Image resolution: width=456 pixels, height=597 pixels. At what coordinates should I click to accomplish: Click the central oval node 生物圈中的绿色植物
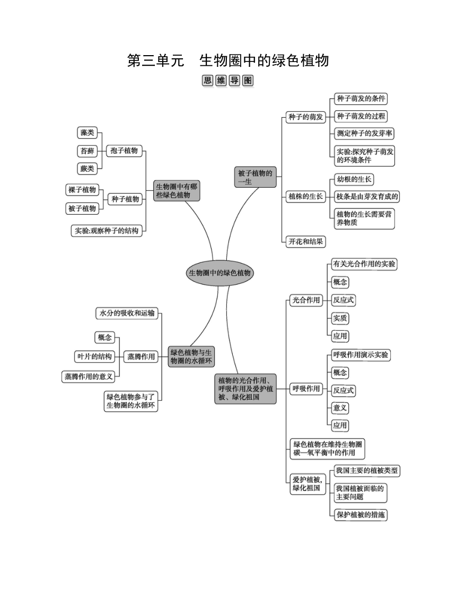(x=220, y=273)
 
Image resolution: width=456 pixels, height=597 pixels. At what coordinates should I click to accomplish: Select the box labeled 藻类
(x=87, y=133)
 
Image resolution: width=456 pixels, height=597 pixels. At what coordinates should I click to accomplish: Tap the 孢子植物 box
(x=124, y=151)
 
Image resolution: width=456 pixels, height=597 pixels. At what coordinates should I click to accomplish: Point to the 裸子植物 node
(x=82, y=190)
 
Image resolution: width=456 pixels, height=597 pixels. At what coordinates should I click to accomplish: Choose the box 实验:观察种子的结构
(x=107, y=231)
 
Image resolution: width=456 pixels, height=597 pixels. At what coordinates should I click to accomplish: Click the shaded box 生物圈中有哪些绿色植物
(x=176, y=191)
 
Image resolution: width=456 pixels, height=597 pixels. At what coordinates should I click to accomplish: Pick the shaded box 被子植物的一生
(x=255, y=178)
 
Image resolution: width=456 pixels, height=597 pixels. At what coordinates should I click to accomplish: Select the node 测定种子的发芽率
(x=364, y=134)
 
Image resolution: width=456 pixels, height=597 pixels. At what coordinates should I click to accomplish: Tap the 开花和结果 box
(x=305, y=241)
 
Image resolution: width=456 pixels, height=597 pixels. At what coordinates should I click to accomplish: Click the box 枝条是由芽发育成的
(x=367, y=197)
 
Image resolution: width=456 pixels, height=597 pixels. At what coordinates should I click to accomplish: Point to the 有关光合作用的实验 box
(x=364, y=264)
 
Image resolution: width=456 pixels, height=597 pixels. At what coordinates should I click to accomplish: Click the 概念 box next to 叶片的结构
(x=104, y=337)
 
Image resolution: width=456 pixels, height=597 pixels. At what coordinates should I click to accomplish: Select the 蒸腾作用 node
(x=141, y=357)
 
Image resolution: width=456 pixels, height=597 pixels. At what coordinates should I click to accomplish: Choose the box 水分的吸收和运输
(x=127, y=313)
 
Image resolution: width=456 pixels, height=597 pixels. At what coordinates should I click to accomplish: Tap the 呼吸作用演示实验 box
(x=361, y=355)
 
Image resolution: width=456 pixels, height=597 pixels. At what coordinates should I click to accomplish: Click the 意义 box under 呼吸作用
(x=340, y=408)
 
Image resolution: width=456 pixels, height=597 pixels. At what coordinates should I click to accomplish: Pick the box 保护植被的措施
(x=361, y=515)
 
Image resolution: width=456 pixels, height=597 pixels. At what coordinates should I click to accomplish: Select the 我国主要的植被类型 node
(x=366, y=471)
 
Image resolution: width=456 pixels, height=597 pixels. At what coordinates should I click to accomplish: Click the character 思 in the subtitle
(x=207, y=81)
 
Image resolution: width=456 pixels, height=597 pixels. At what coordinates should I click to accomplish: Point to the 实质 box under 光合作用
(x=340, y=318)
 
